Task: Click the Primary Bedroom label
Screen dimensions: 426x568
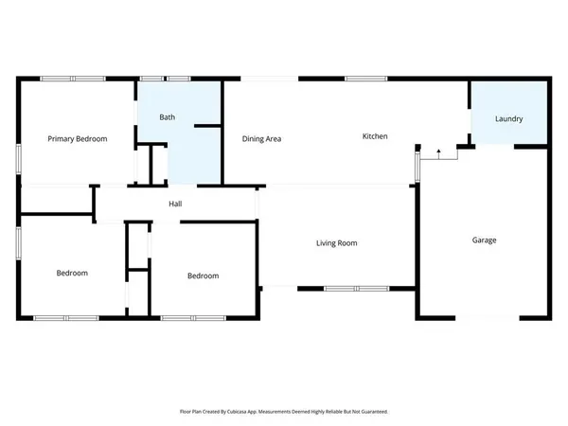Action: [x=78, y=139]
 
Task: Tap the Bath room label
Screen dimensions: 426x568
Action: [x=167, y=117]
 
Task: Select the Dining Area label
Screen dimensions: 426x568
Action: [x=261, y=139]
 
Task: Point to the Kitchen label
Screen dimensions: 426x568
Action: [x=375, y=137]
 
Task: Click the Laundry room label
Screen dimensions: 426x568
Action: [x=508, y=119]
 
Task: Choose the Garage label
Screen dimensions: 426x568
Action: [x=485, y=240]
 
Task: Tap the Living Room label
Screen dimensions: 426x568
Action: [x=336, y=244]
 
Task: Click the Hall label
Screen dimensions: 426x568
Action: [x=175, y=204]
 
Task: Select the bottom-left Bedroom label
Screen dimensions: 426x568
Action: [x=72, y=274]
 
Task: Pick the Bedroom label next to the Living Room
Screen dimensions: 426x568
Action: [x=203, y=276]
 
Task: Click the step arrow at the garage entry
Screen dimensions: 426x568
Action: [x=438, y=152]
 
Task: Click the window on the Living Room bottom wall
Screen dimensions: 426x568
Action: [x=355, y=288]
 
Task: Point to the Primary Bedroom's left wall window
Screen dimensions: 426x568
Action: [x=18, y=160]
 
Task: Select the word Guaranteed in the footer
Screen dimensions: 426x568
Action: [x=369, y=412]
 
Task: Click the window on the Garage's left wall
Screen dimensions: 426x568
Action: [x=417, y=167]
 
